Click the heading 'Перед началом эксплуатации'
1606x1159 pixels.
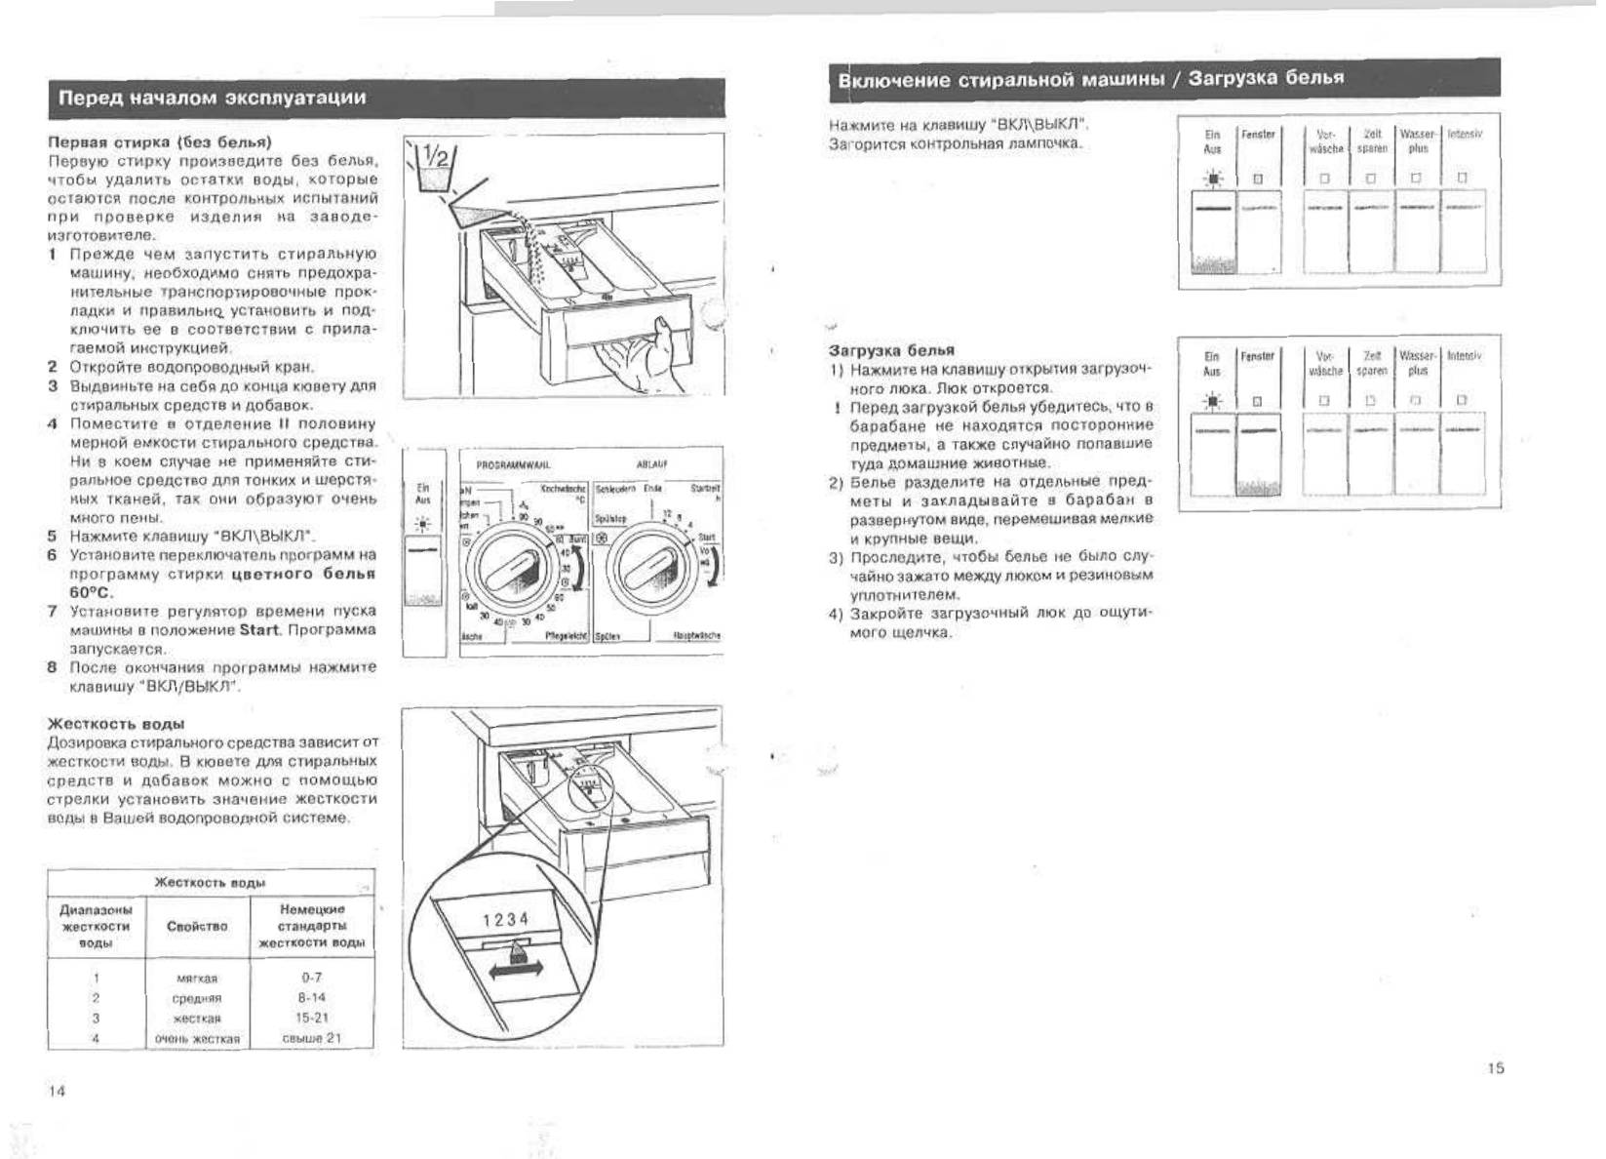point(213,98)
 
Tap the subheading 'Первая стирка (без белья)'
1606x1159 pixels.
point(160,141)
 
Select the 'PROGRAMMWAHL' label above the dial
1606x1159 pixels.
point(513,465)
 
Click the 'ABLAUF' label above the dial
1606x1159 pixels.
point(651,465)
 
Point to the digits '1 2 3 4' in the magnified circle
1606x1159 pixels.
point(506,919)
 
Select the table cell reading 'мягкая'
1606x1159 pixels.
point(197,978)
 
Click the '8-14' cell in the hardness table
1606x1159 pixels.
point(312,998)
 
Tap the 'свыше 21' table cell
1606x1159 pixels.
point(312,1038)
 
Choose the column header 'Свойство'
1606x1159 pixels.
point(197,926)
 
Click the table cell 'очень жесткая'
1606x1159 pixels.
point(197,1039)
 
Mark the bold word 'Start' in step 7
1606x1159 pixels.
point(259,629)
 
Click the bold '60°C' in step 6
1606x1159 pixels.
point(92,592)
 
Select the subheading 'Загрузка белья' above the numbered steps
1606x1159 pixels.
point(891,350)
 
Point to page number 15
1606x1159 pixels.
point(1495,1068)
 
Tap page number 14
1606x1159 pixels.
point(57,1091)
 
